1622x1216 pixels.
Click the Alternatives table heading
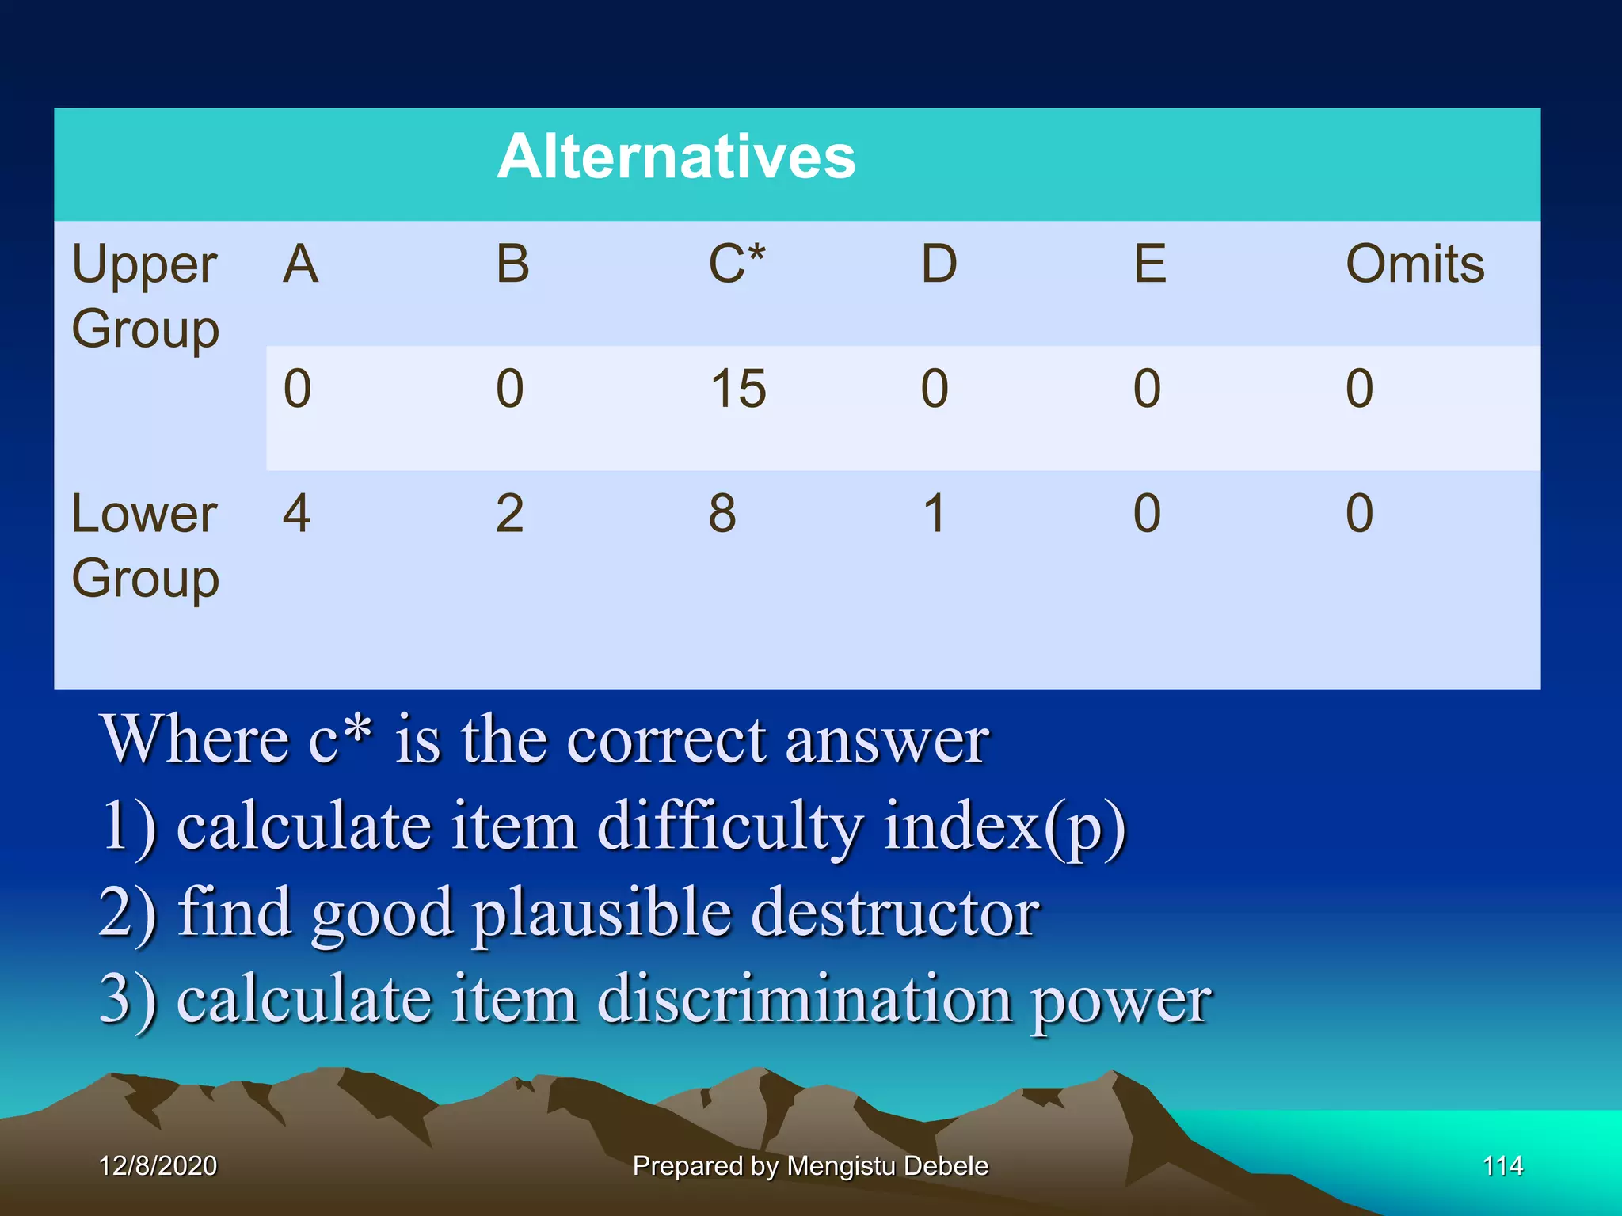(676, 157)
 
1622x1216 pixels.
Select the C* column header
(736, 264)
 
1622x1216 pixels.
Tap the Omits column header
(1414, 264)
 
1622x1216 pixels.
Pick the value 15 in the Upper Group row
(737, 389)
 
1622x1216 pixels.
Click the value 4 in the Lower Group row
(296, 513)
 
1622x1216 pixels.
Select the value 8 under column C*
(722, 513)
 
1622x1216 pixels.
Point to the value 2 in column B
(509, 513)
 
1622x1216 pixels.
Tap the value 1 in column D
(935, 513)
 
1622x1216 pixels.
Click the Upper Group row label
(145, 295)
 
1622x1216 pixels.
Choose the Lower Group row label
(145, 545)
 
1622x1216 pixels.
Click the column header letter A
(300, 264)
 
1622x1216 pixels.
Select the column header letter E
(1149, 264)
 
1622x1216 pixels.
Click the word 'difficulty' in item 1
(729, 826)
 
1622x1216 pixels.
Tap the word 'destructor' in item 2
(895, 913)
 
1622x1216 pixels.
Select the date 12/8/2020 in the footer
(158, 1165)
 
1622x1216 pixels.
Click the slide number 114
(1502, 1165)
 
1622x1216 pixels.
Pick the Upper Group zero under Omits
(1359, 389)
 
